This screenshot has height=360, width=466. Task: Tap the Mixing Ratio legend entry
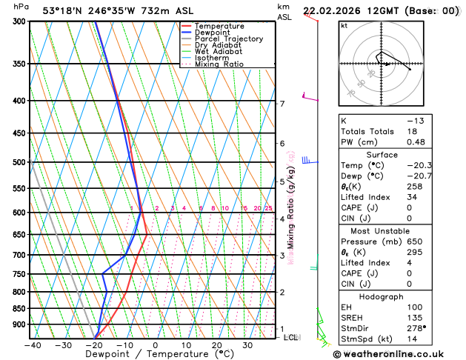coord(219,64)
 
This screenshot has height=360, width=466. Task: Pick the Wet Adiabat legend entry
coord(218,52)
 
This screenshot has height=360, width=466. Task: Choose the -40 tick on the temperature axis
coord(33,345)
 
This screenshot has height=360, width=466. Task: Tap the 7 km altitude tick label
coord(282,104)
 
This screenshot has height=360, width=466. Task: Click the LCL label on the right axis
coord(290,338)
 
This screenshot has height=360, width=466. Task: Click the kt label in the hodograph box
coord(344,25)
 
